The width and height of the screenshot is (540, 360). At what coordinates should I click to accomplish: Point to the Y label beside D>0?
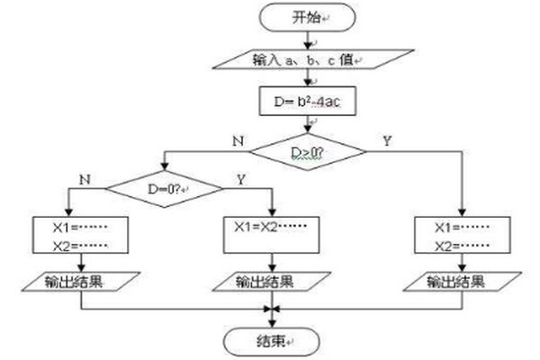point(387,142)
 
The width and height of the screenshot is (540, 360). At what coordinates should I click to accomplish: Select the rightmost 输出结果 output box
point(461,282)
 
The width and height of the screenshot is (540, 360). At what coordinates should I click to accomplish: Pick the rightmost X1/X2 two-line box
point(461,232)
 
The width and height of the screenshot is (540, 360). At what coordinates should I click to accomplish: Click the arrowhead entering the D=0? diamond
point(164,170)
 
